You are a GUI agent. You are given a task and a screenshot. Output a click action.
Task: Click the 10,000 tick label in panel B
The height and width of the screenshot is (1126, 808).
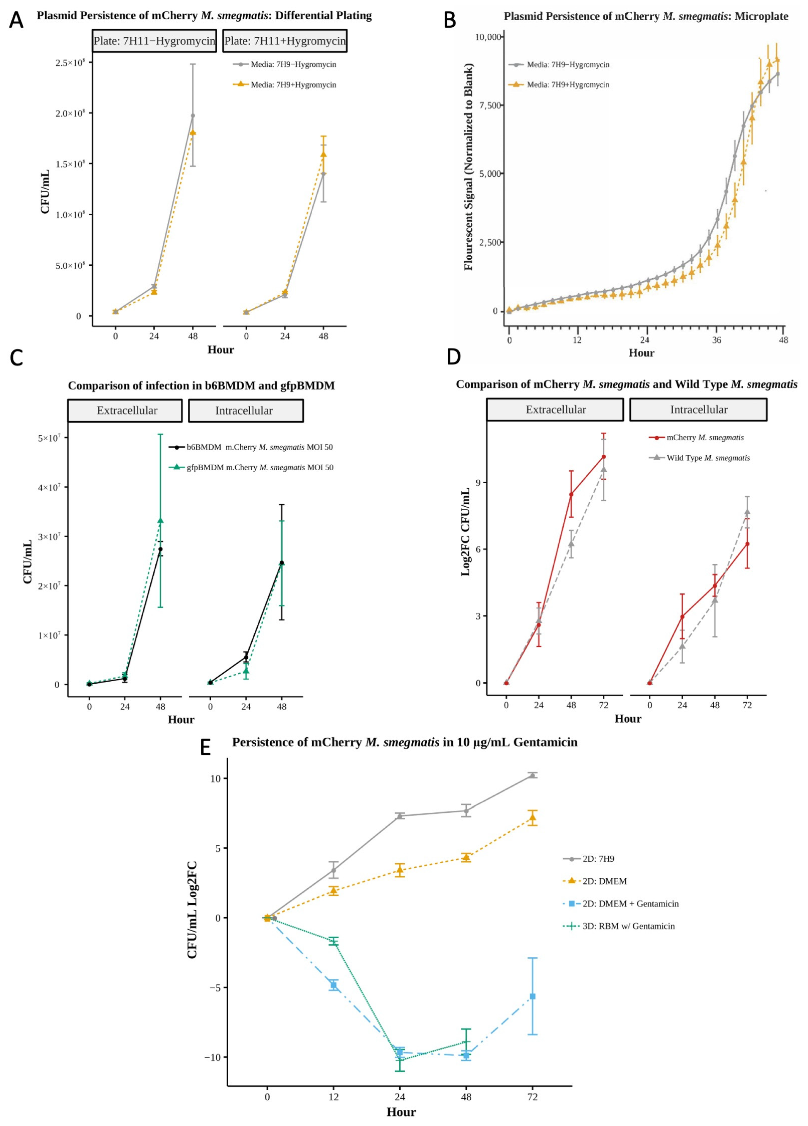488,37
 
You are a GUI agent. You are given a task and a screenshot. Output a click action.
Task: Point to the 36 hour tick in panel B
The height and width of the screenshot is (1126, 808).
716,341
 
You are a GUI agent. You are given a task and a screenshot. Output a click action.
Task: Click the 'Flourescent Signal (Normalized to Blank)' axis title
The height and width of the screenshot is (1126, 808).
468,167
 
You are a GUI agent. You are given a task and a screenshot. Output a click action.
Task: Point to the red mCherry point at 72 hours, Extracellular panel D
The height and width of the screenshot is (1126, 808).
603,456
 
